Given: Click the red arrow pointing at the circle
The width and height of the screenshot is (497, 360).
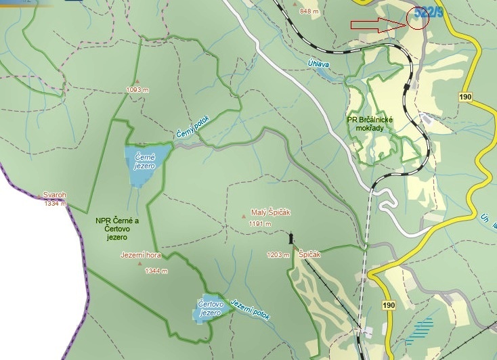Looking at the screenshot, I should click(378, 26).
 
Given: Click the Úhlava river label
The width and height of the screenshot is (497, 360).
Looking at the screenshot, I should click(320, 64).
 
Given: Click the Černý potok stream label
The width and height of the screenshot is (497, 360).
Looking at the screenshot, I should click(194, 126).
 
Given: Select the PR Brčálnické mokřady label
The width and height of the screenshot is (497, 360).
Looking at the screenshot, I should click(370, 125).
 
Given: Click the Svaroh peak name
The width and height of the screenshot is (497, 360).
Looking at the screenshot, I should click(54, 195).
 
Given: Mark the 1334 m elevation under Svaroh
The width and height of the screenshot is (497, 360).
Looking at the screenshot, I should click(56, 203).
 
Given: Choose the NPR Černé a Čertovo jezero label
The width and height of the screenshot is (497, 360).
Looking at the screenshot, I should click(117, 229).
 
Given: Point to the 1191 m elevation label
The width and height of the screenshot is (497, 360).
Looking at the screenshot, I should click(259, 224).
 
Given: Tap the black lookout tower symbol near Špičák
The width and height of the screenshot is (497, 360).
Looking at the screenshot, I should click(291, 238).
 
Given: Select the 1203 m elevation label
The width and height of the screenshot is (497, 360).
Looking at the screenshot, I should click(278, 254).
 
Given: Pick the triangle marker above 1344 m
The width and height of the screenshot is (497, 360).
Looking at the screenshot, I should click(140, 264).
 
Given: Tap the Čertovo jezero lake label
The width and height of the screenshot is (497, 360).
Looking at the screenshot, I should click(211, 309).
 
